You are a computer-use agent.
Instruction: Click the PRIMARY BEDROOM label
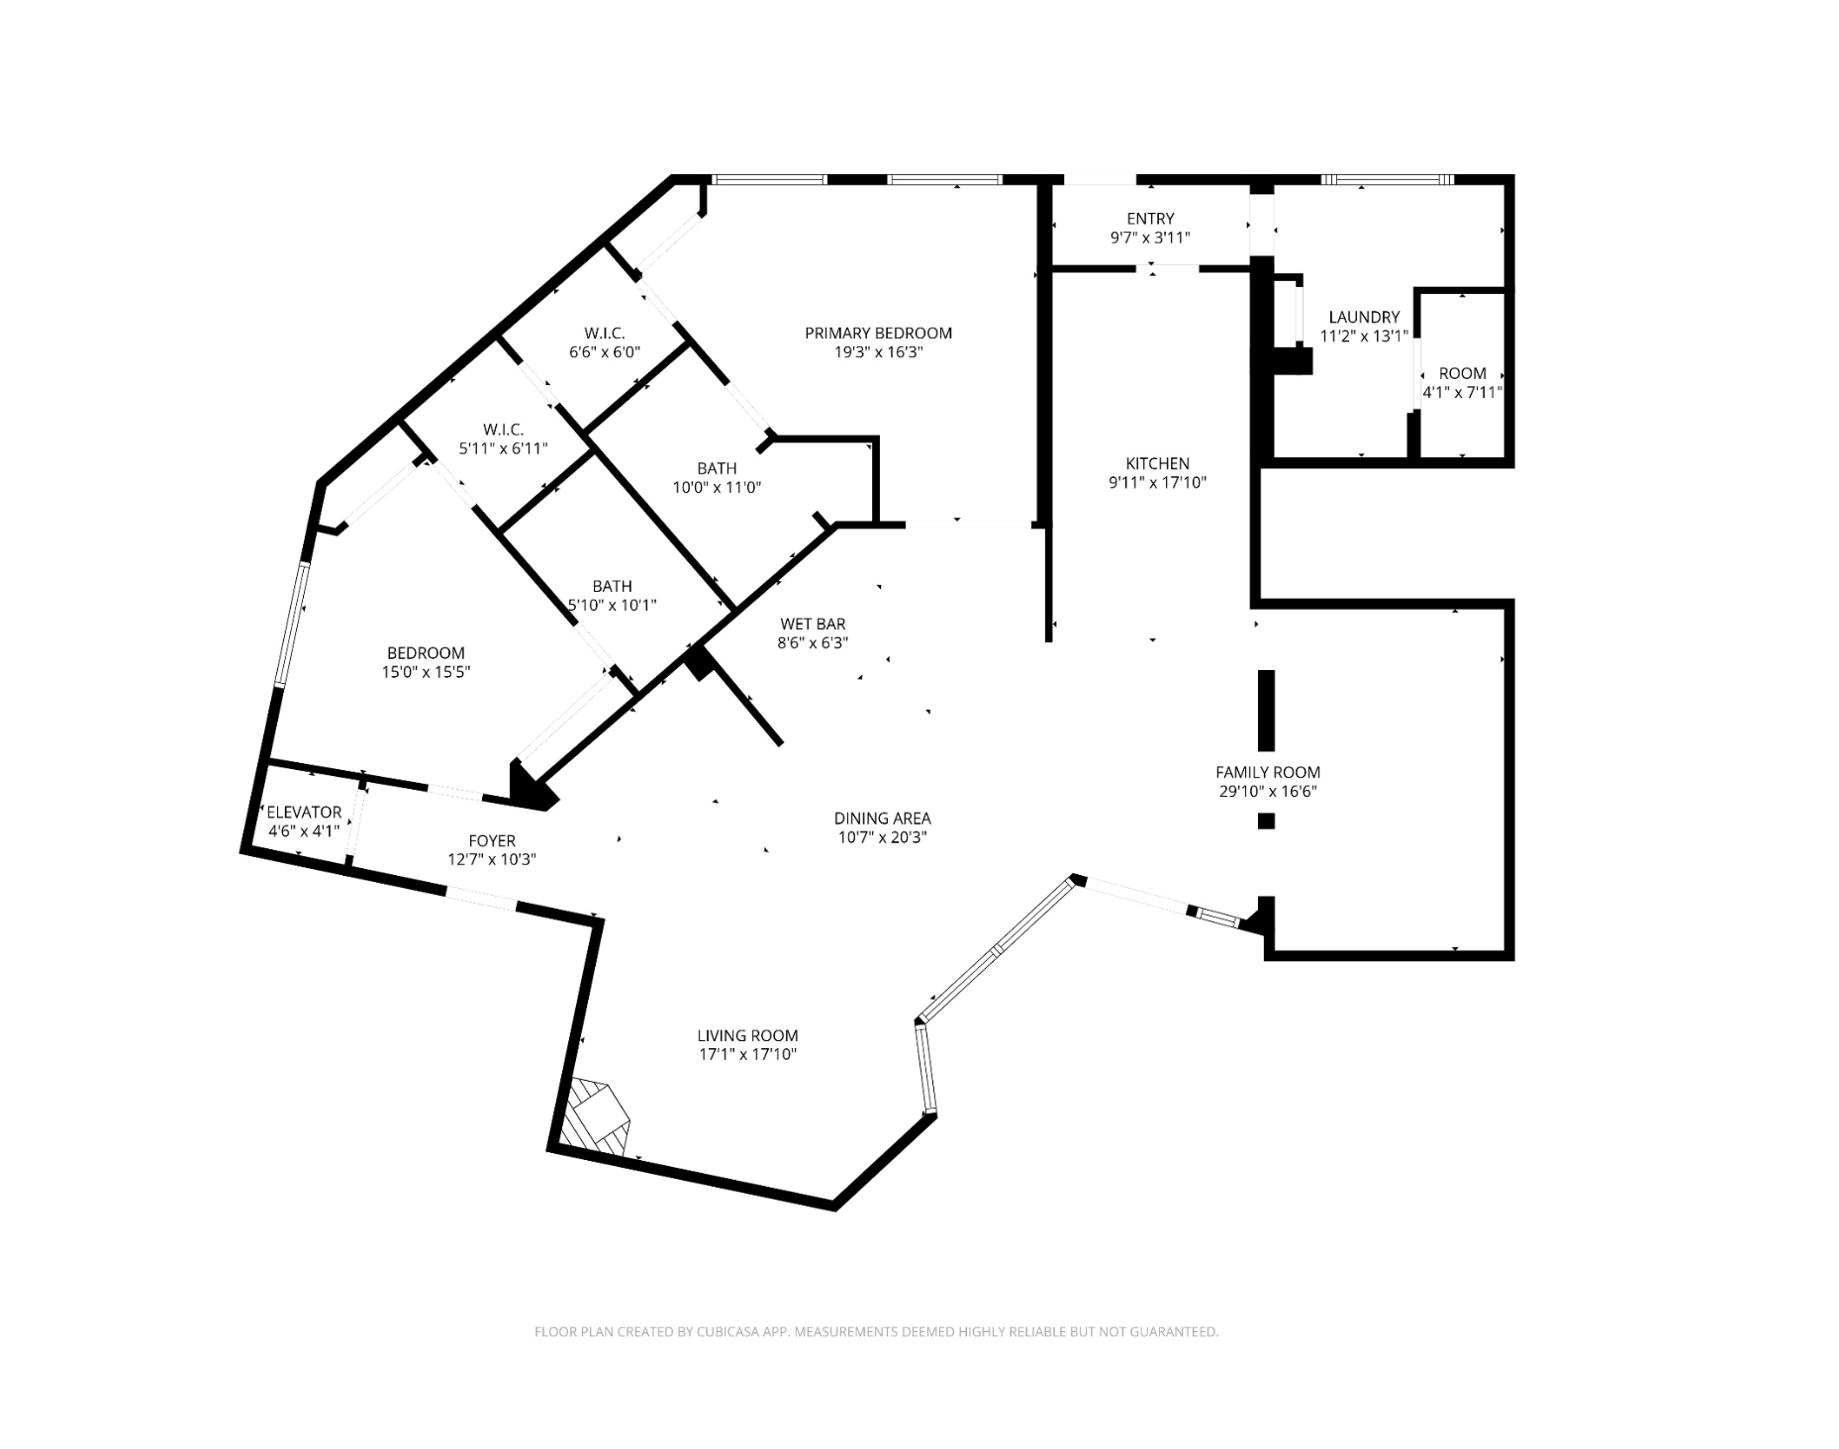pyautogui.click(x=878, y=334)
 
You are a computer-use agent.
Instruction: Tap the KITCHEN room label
pyautogui.click(x=1157, y=463)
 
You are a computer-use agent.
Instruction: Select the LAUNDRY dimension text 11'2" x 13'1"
pyautogui.click(x=1363, y=337)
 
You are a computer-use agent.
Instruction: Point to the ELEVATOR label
pyautogui.click(x=304, y=812)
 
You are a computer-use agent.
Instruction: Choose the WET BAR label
pyautogui.click(x=813, y=624)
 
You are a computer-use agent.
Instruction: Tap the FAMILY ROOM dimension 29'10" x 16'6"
pyautogui.click(x=1268, y=791)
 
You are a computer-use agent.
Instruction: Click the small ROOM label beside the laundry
pyautogui.click(x=1462, y=373)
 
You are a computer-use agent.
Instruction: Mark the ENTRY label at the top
pyautogui.click(x=1150, y=219)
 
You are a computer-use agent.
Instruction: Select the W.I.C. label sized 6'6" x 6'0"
pyautogui.click(x=604, y=334)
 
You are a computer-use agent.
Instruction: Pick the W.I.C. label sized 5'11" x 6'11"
pyautogui.click(x=503, y=430)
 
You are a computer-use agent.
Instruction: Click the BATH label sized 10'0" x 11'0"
pyautogui.click(x=717, y=468)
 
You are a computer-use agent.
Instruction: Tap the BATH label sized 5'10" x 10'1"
pyautogui.click(x=612, y=586)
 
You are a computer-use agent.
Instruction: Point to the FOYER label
pyautogui.click(x=492, y=841)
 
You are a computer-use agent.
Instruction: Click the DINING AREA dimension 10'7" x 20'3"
pyautogui.click(x=882, y=837)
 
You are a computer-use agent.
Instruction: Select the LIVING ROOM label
pyautogui.click(x=747, y=1035)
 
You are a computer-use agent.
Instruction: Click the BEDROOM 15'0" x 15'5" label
pyautogui.click(x=426, y=653)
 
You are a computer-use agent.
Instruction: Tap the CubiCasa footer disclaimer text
pyautogui.click(x=876, y=1332)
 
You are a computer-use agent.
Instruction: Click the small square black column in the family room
pyautogui.click(x=1266, y=821)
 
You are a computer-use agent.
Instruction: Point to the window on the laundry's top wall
pyautogui.click(x=1387, y=180)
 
